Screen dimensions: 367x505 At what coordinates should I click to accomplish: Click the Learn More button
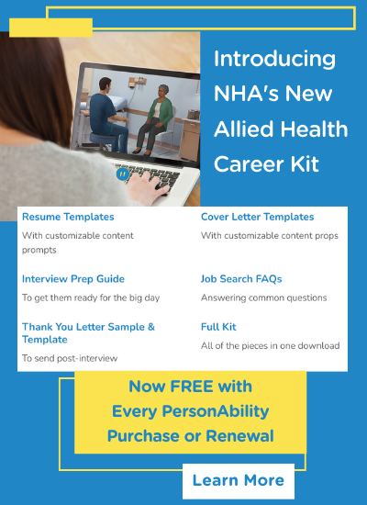click(x=239, y=481)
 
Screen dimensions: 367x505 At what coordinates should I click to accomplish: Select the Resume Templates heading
click(x=68, y=217)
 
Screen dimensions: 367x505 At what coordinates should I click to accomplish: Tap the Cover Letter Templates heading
click(x=257, y=217)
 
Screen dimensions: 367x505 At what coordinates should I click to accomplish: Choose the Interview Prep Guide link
click(x=73, y=278)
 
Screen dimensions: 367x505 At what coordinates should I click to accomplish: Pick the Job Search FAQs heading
click(x=241, y=278)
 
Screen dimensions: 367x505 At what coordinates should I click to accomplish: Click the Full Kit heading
click(x=218, y=327)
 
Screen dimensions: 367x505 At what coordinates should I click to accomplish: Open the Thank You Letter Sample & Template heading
click(x=88, y=333)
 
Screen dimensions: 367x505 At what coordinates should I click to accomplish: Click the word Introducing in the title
click(x=274, y=60)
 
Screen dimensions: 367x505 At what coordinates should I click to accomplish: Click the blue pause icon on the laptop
click(x=123, y=174)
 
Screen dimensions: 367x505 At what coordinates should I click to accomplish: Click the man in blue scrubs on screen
click(x=108, y=115)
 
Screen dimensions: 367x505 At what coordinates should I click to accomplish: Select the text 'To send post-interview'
click(x=70, y=358)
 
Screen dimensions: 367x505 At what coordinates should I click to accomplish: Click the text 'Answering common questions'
click(x=263, y=297)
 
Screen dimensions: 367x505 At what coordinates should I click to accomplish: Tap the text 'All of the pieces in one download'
click(x=270, y=346)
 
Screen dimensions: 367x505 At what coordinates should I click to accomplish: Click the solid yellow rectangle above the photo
click(x=50, y=28)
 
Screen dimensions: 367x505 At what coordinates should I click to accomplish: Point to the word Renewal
click(x=239, y=436)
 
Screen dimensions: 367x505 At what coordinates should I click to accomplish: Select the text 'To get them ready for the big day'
click(x=91, y=297)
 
